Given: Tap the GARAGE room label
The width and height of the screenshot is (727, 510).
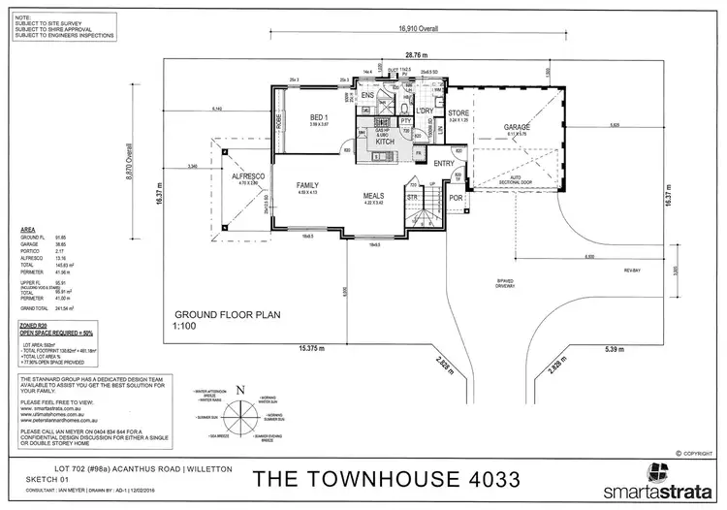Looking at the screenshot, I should pos(515,128).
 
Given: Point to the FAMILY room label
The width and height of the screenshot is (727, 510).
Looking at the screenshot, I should pos(308,184).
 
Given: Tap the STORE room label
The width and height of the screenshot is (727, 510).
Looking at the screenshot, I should pos(458,114).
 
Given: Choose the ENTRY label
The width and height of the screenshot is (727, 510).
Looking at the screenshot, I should pos(444,163).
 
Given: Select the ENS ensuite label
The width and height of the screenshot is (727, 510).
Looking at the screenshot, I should pos(368,96).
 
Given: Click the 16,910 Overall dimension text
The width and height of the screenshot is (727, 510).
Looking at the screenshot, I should pos(417,29).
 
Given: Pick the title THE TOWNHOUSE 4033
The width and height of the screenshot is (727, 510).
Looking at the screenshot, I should pos(386,478).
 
